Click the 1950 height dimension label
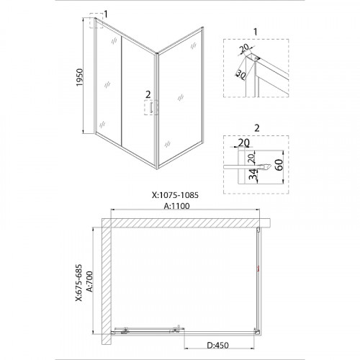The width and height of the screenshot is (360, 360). pyautogui.click(x=79, y=77)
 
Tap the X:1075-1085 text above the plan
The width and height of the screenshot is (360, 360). pyautogui.click(x=175, y=195)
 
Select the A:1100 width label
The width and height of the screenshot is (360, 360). pyautogui.click(x=176, y=206)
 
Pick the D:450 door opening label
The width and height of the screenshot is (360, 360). pyautogui.click(x=218, y=345)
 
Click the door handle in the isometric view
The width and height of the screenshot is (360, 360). pyautogui.click(x=151, y=107)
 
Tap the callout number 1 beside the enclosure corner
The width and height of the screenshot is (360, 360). pyautogui.click(x=106, y=14)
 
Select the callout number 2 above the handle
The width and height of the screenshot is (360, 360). pyautogui.click(x=148, y=94)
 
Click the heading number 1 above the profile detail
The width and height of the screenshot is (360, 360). pyautogui.click(x=256, y=32)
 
